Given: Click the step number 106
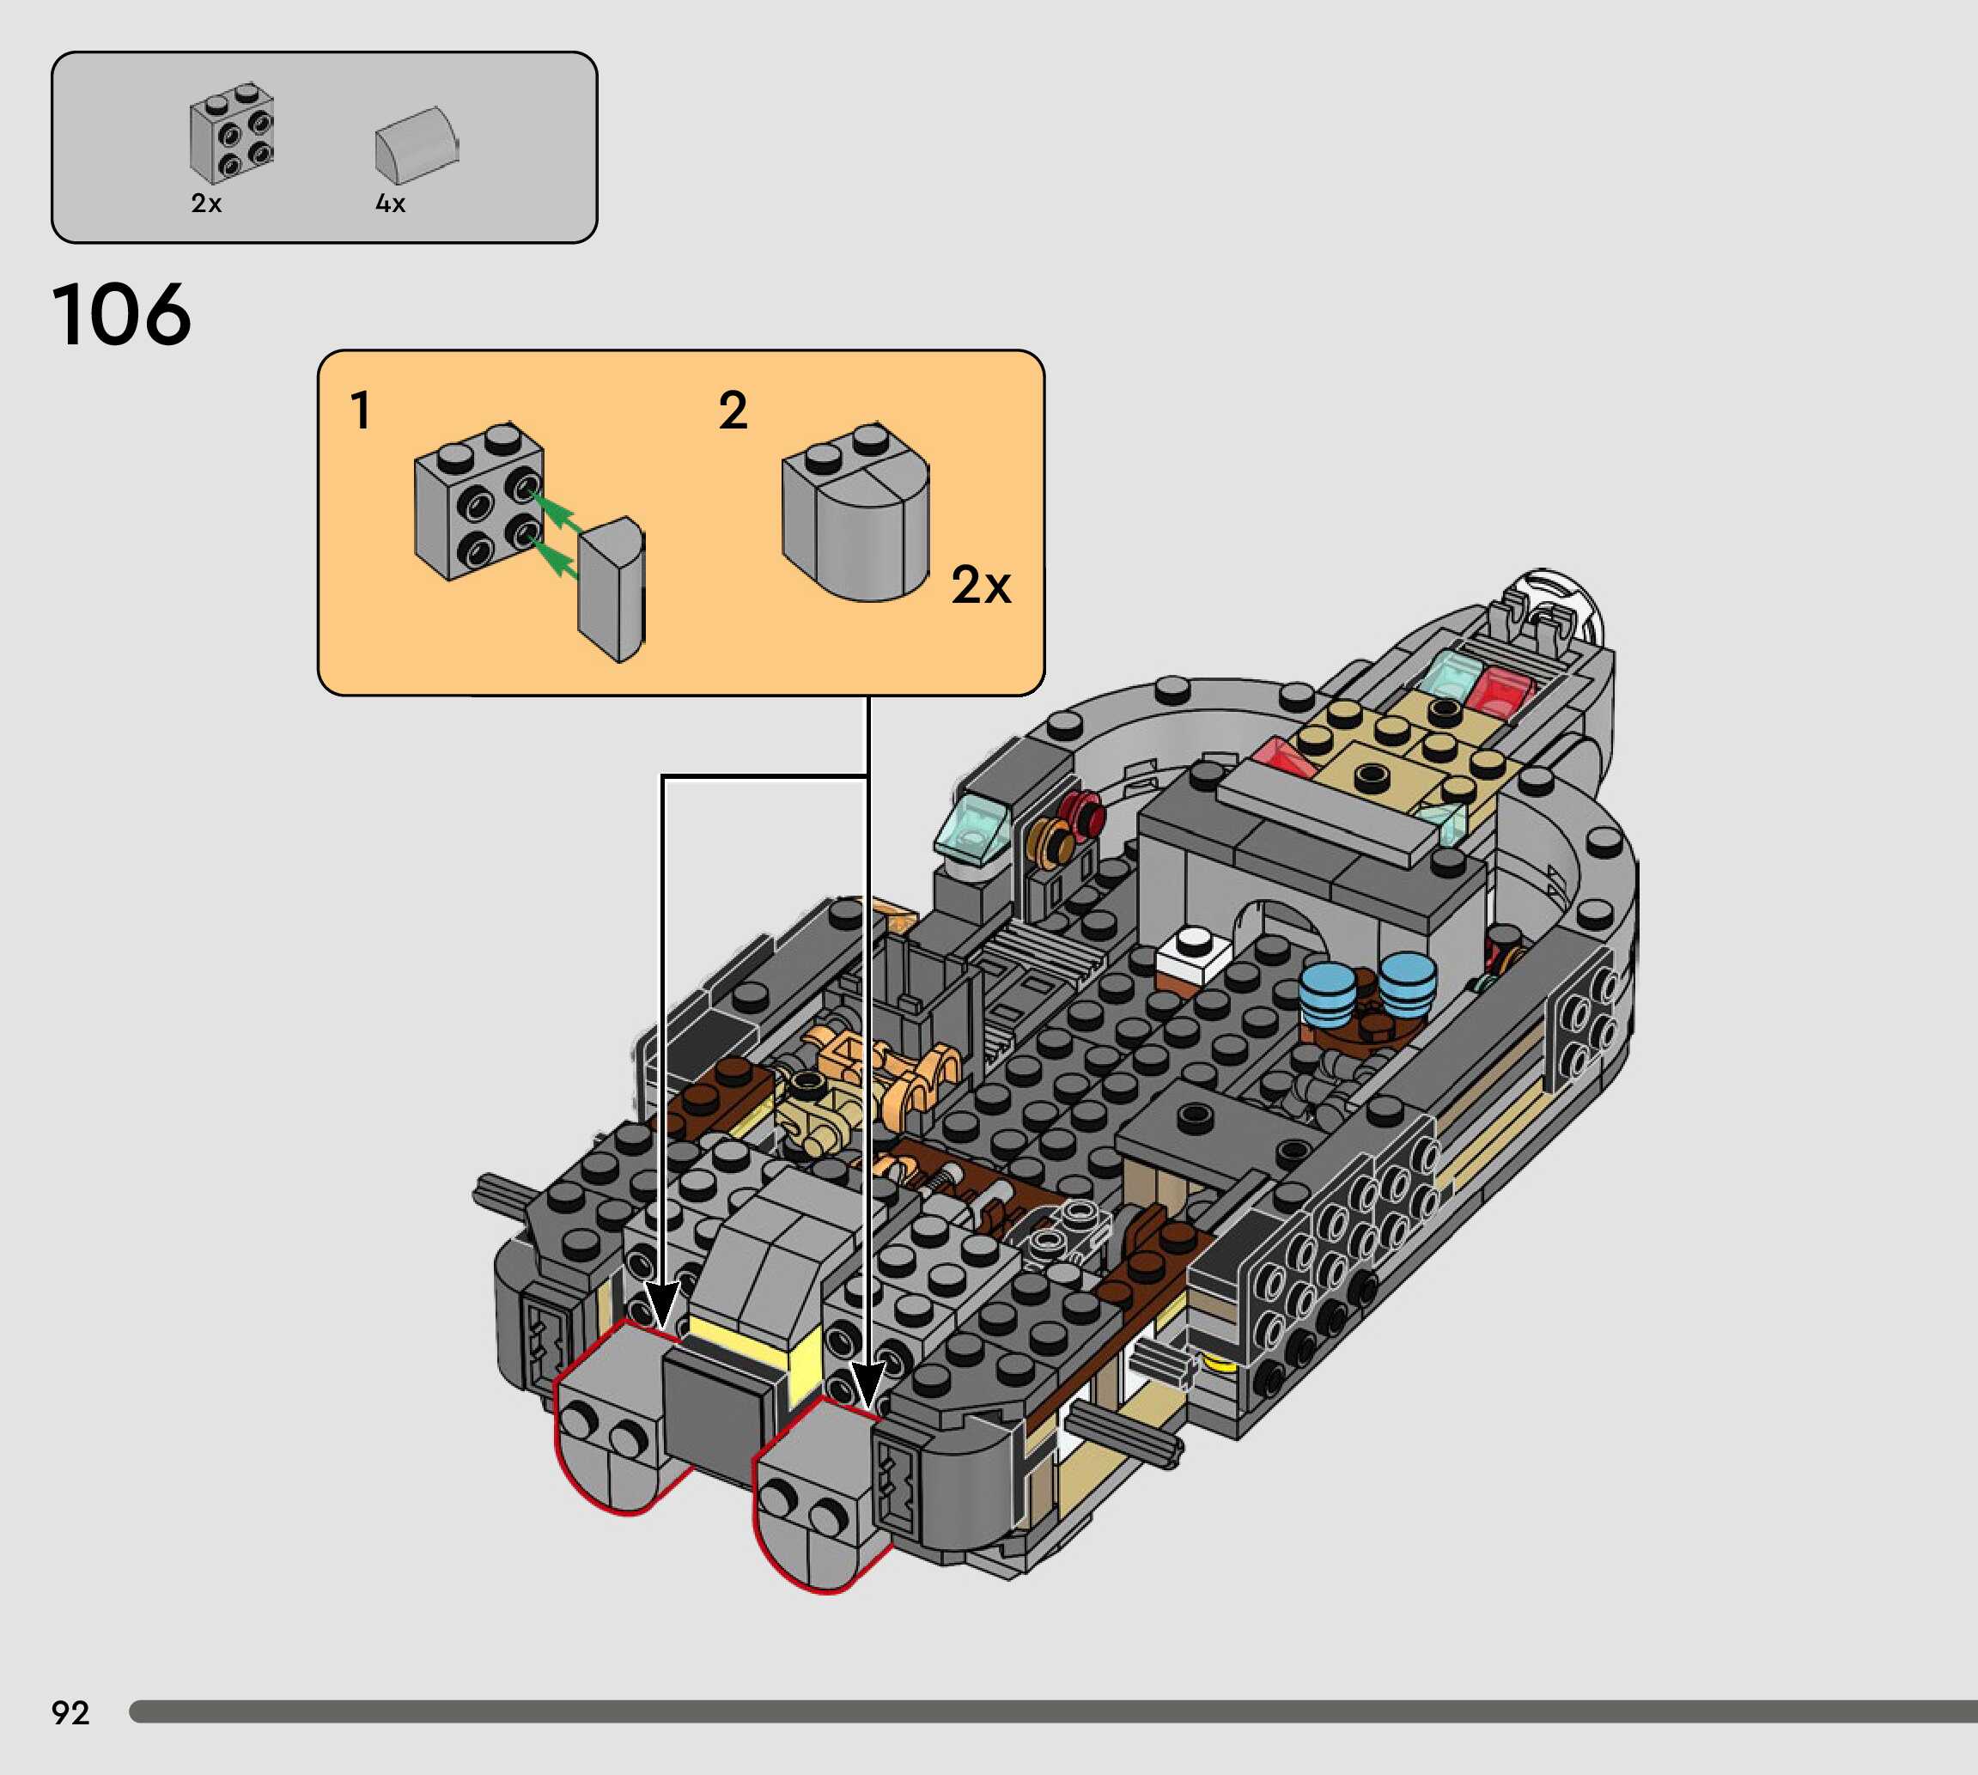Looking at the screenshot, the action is click(121, 314).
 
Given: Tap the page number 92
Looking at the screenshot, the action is click(70, 1712).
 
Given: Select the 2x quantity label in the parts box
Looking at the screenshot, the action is click(207, 203).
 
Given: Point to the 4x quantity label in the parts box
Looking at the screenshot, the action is click(390, 203).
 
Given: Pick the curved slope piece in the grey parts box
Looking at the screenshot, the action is click(417, 145).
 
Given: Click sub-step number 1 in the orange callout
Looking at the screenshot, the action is click(361, 410).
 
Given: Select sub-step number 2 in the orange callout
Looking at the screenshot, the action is click(733, 410).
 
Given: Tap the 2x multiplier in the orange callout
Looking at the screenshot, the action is click(981, 585).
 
